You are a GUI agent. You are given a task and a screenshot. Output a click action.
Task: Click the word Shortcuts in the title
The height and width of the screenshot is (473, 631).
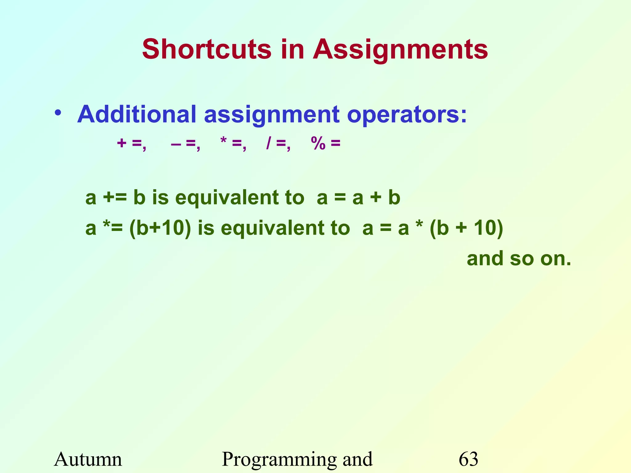point(207,49)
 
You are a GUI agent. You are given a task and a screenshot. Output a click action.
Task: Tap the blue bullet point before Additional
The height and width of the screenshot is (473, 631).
point(58,113)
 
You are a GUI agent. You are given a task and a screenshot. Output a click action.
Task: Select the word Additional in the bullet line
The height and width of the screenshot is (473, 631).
point(136,114)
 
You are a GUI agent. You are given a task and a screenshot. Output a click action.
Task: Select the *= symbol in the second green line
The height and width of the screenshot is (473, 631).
point(113,228)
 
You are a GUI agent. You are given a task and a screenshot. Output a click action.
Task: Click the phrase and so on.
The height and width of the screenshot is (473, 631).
point(519,258)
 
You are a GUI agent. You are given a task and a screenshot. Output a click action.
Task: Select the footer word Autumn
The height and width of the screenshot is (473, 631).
point(88,459)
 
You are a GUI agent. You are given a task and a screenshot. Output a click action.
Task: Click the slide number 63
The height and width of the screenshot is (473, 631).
point(468,459)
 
